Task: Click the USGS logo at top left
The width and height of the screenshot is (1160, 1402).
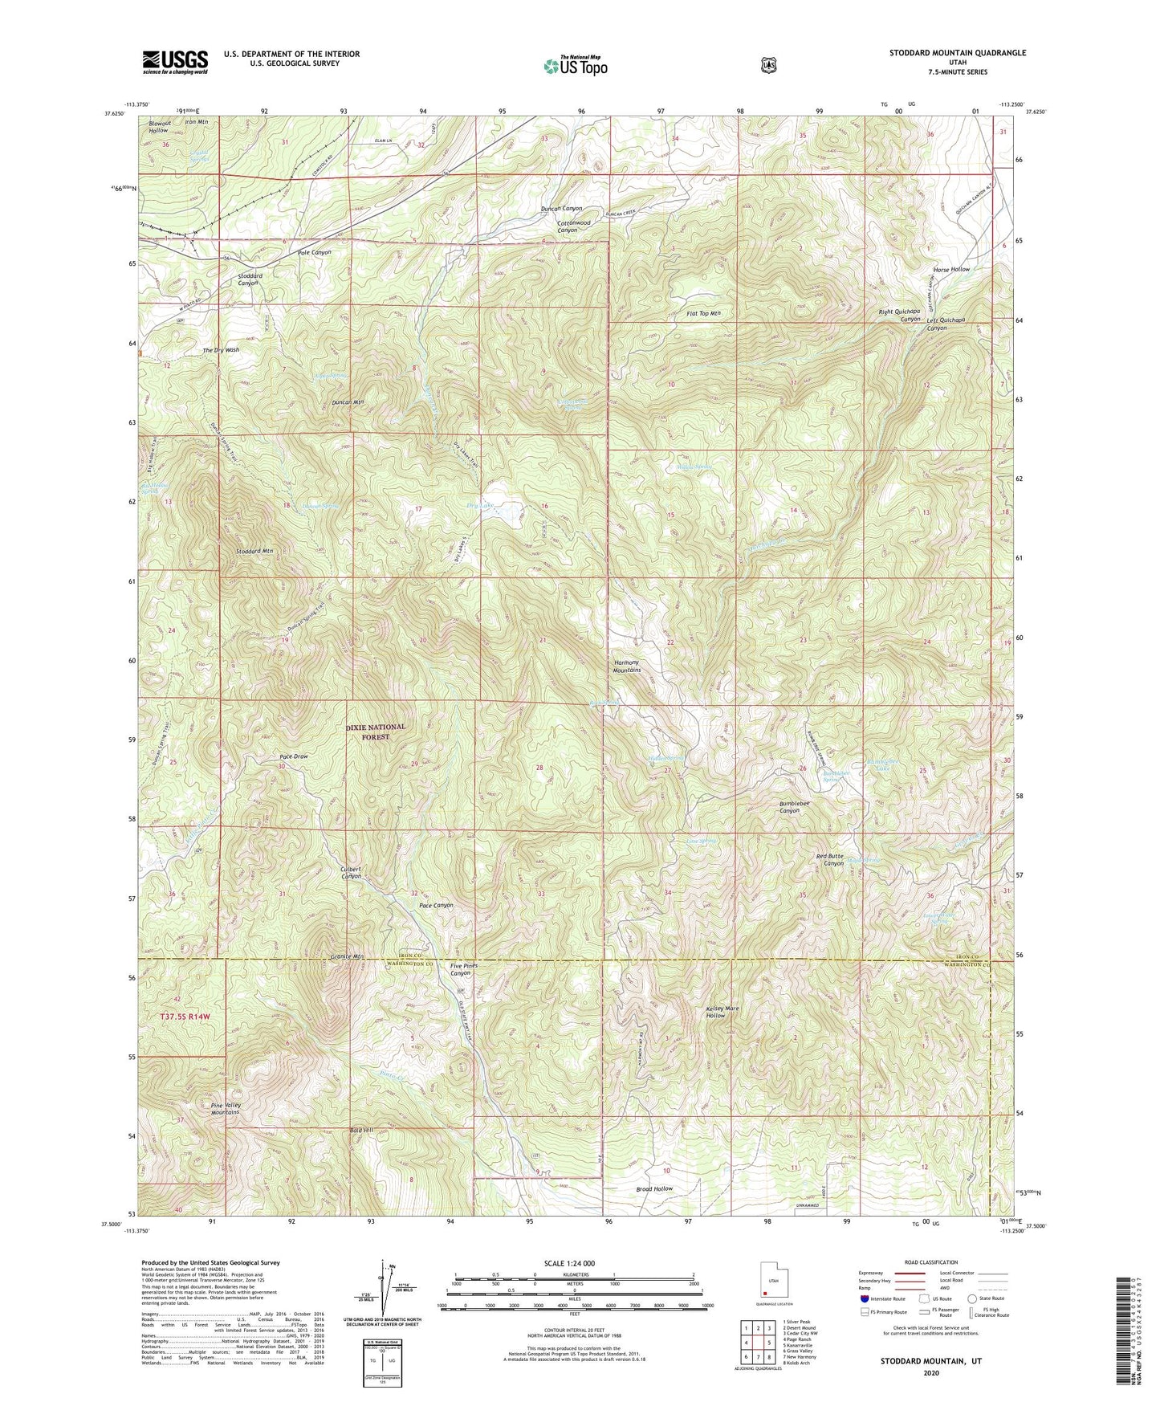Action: (175, 62)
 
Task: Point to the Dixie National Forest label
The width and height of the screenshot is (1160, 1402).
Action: (376, 732)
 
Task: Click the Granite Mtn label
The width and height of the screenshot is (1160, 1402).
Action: (348, 956)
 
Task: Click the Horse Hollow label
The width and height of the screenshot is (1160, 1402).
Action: (951, 270)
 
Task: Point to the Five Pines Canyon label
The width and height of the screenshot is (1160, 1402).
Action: (463, 969)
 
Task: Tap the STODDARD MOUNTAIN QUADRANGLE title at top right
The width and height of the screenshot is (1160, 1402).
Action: (957, 53)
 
